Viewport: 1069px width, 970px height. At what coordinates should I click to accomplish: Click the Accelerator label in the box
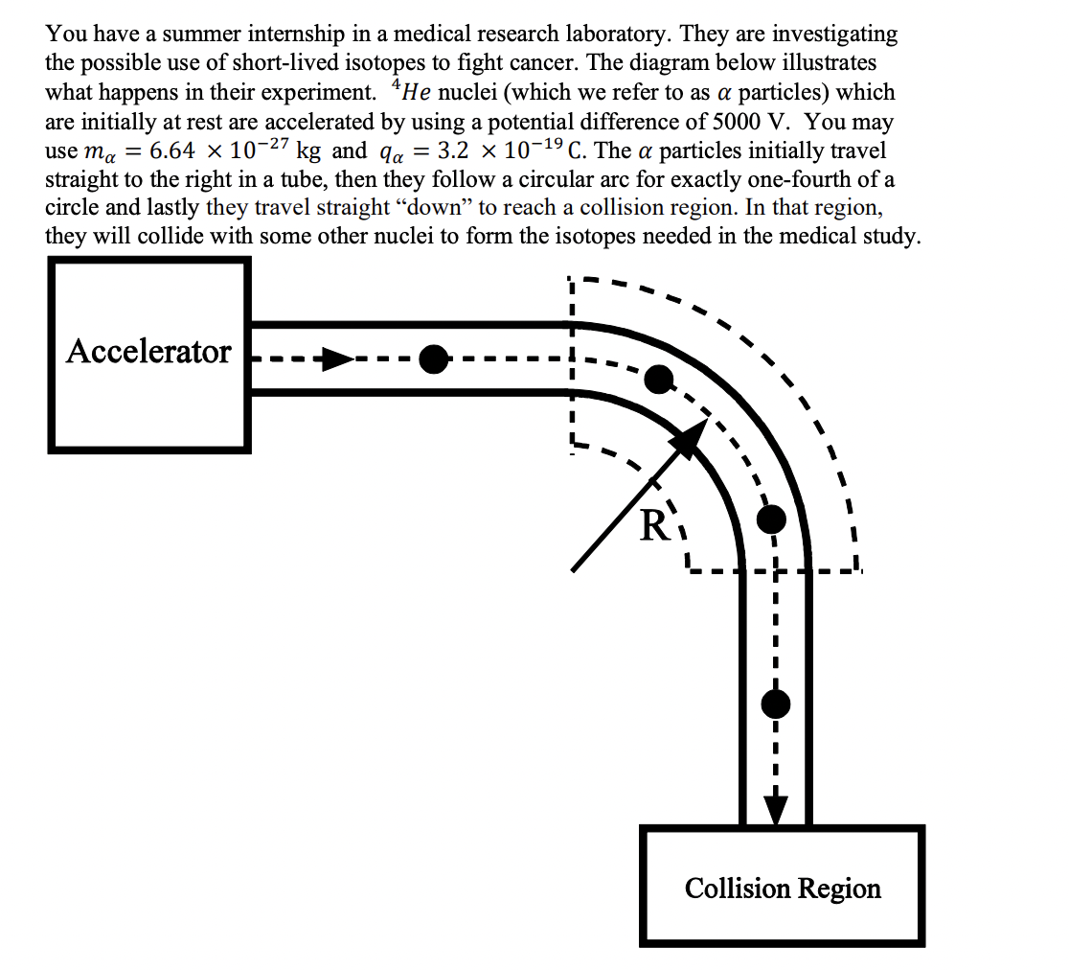[148, 352]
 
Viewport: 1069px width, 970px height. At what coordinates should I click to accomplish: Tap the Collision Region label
[783, 889]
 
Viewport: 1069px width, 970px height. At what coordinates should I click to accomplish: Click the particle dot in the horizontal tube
[434, 359]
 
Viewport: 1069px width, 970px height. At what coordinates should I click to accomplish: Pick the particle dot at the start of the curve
[658, 379]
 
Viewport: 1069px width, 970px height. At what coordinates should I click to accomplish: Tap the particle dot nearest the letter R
[771, 520]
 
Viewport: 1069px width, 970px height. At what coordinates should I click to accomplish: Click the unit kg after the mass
[308, 151]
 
